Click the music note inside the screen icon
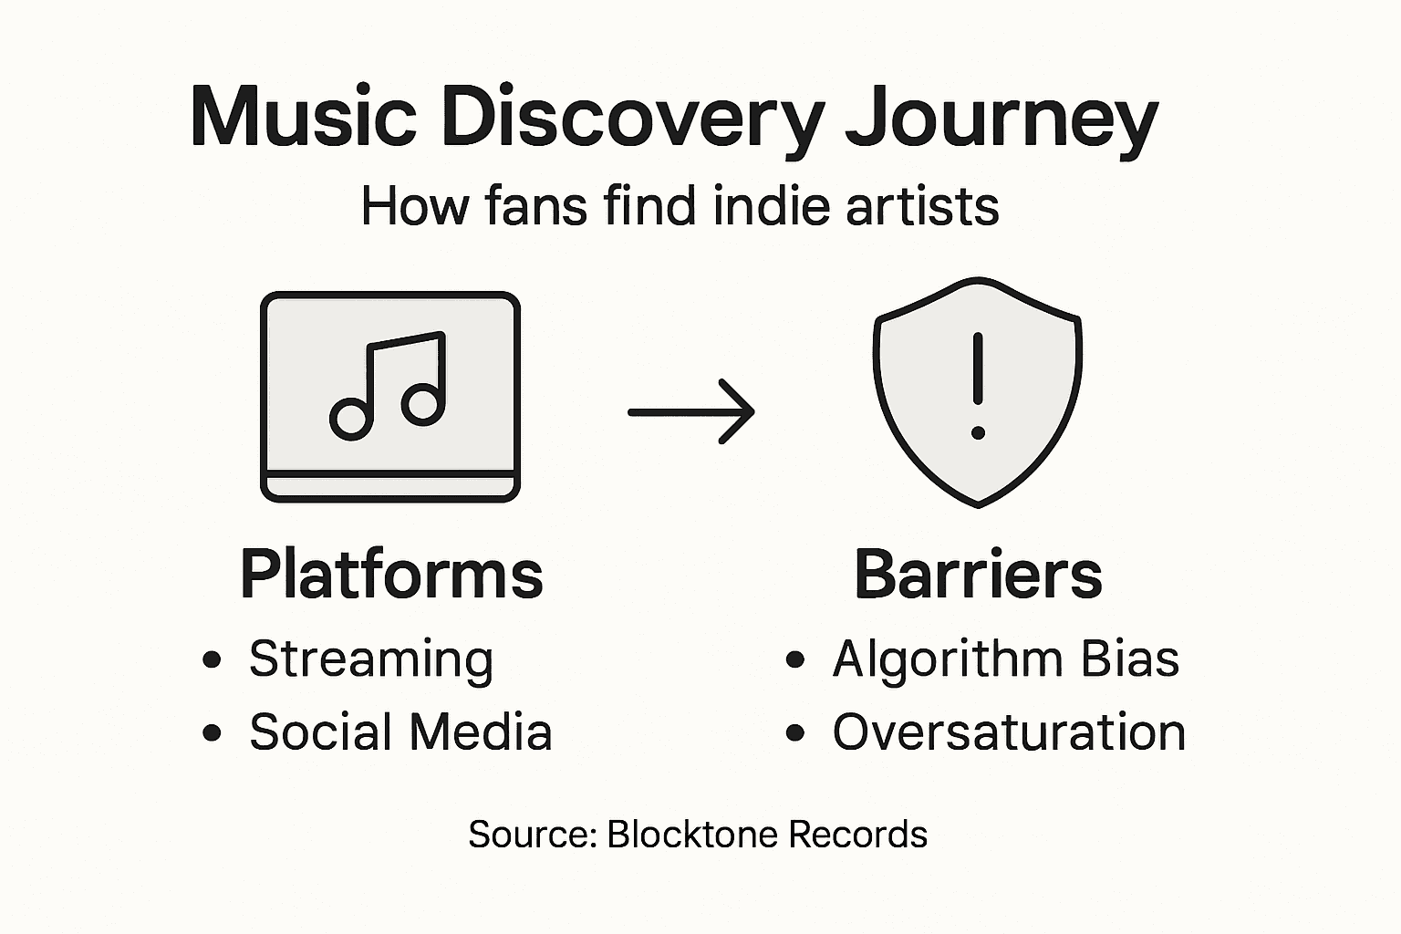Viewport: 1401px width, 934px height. [x=389, y=386]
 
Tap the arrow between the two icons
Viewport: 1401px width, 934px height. [x=691, y=412]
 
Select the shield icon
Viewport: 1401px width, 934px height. [x=978, y=392]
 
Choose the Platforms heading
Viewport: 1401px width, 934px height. [x=391, y=575]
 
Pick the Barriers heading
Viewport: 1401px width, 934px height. [x=978, y=575]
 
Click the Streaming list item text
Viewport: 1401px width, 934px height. [x=371, y=659]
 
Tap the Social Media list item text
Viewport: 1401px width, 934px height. [x=400, y=732]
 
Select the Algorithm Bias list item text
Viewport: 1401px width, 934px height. [x=1005, y=659]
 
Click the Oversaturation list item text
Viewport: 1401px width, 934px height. [x=1009, y=732]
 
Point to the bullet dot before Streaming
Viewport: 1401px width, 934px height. [x=213, y=659]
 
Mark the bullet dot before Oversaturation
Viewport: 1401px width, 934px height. [x=795, y=732]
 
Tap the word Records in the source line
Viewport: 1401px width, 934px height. [x=857, y=835]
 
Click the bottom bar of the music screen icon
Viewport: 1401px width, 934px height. [x=390, y=487]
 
